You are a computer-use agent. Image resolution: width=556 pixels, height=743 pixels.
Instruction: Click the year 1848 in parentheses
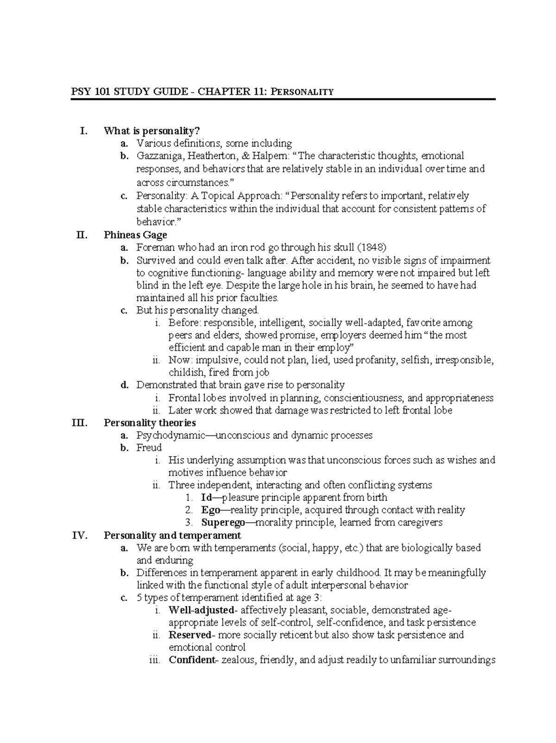pos(371,248)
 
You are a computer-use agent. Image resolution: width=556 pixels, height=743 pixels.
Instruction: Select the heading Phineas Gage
pos(135,235)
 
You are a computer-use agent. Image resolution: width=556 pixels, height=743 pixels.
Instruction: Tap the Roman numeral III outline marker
pos(79,423)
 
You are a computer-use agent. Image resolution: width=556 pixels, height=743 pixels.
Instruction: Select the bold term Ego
pos(210,510)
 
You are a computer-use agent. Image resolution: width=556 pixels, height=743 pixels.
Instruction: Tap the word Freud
pos(149,448)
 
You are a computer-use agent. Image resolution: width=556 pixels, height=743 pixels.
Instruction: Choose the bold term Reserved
pos(190,635)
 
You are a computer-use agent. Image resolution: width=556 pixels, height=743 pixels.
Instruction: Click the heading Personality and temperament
pos(172,536)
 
